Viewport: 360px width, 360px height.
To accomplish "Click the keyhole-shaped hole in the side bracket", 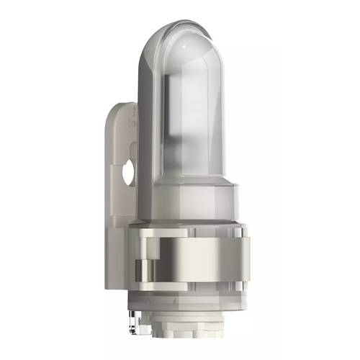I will click(x=128, y=172).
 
